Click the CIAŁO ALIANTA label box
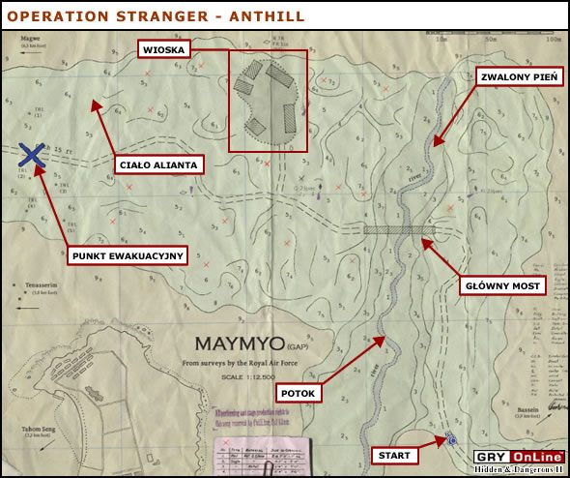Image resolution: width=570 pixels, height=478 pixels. [x=159, y=164]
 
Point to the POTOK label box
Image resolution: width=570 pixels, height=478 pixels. [x=299, y=393]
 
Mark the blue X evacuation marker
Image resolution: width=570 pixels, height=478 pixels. [x=31, y=155]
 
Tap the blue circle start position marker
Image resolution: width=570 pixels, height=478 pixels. [x=451, y=441]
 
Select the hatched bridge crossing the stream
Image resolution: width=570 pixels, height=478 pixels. [x=398, y=230]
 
